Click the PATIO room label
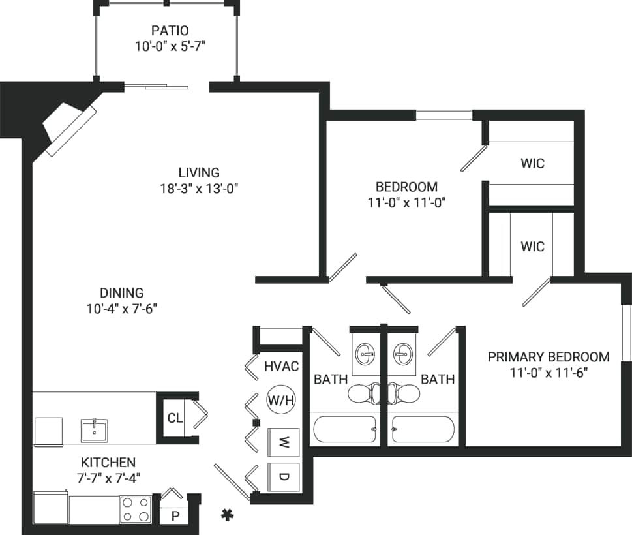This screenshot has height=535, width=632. [x=170, y=30]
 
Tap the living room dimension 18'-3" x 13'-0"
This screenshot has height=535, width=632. [x=199, y=189]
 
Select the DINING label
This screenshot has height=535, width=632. [x=121, y=293]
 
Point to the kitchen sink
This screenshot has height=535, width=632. [x=95, y=431]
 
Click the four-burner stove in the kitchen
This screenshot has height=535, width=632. [x=136, y=509]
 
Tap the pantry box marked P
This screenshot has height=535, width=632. [x=175, y=515]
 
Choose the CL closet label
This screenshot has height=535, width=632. [x=174, y=418]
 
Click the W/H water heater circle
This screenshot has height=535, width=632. [x=281, y=400]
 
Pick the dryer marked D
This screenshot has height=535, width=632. [x=284, y=477]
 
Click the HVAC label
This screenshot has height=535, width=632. [x=281, y=367]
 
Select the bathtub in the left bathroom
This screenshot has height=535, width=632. [x=344, y=429]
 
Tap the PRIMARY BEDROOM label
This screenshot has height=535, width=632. [x=549, y=357]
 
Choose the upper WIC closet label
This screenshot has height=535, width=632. [x=532, y=163]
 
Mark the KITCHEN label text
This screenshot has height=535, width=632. [x=108, y=462]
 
